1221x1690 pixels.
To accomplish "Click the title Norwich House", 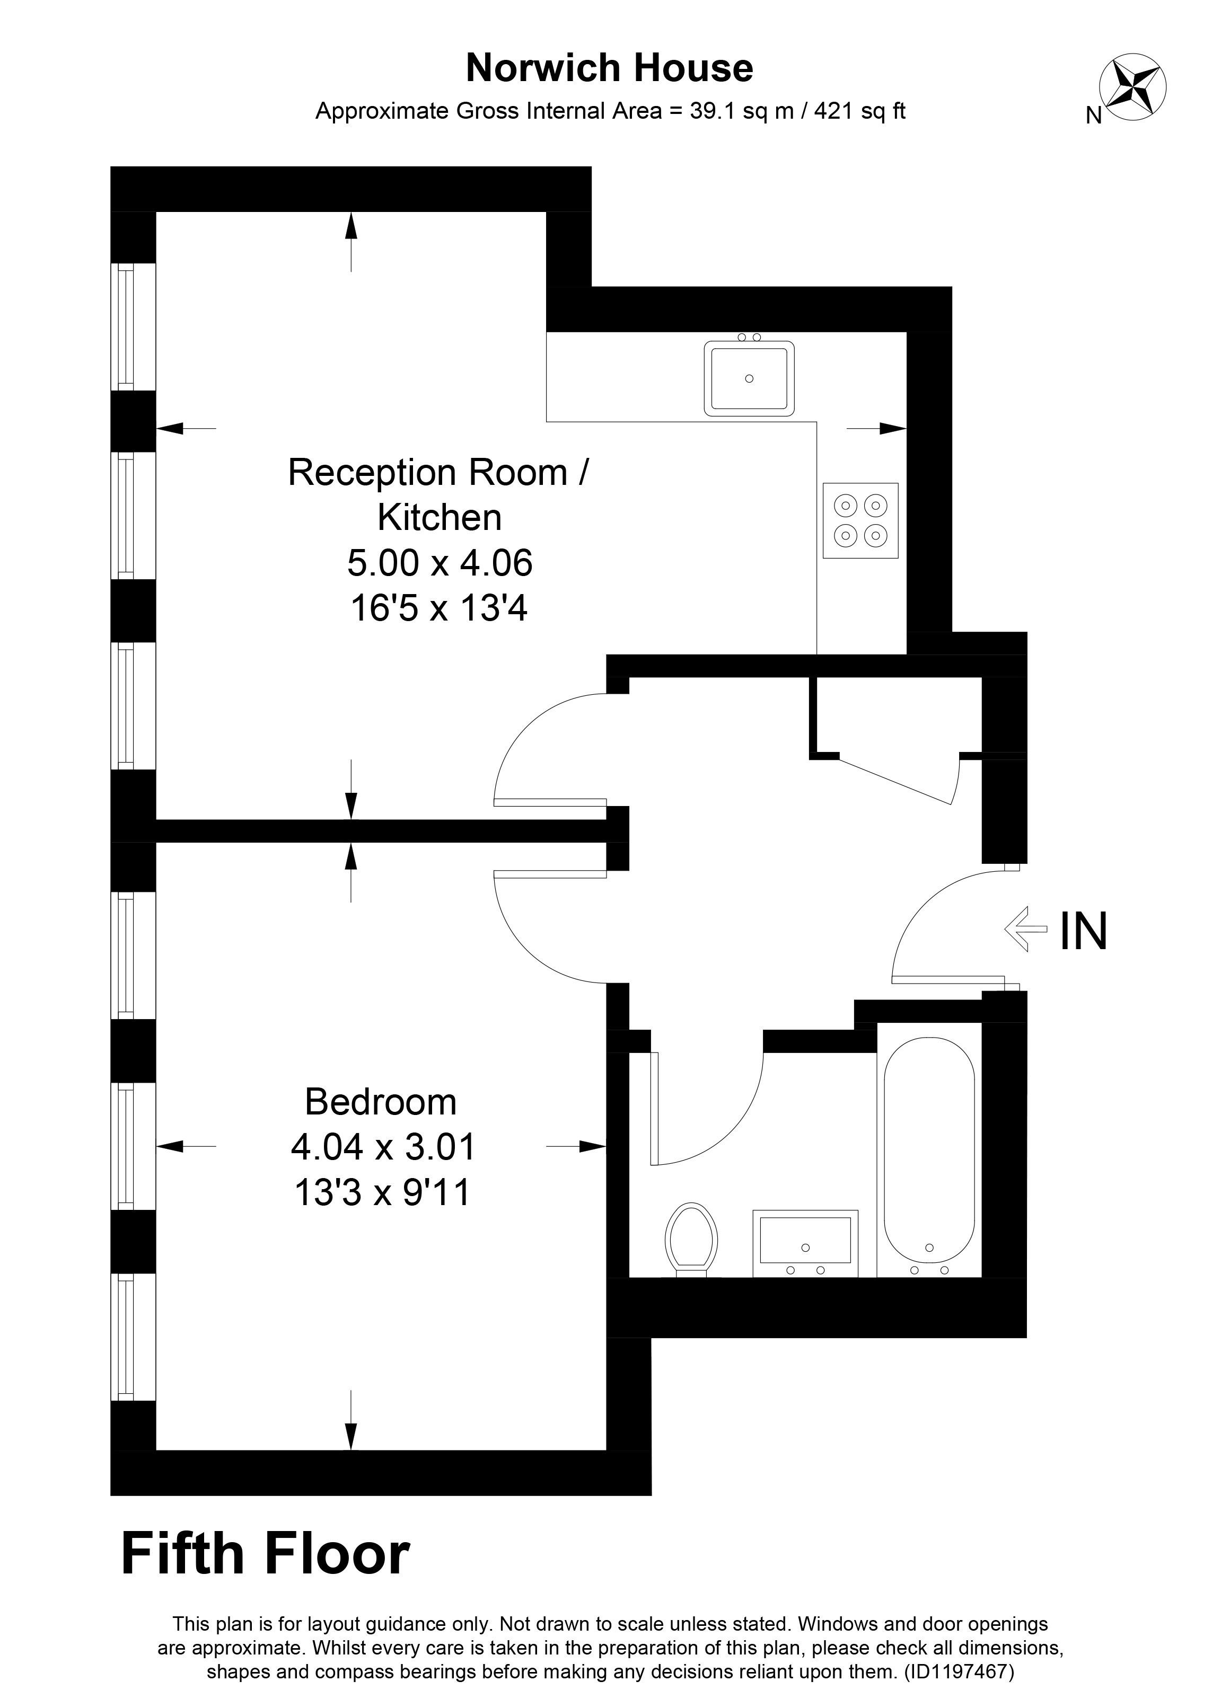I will (x=609, y=68).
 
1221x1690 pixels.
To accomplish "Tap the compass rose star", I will (x=1134, y=87).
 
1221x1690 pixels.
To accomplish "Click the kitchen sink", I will (x=749, y=378).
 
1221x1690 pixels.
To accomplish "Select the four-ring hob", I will (x=860, y=520).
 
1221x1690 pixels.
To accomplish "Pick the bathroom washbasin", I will (x=805, y=1242).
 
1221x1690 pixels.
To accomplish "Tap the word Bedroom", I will (x=380, y=1102).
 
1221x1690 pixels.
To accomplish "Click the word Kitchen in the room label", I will (x=440, y=517).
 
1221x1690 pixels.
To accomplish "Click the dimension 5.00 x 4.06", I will (x=440, y=563).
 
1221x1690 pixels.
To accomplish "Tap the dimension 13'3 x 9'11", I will (x=382, y=1192).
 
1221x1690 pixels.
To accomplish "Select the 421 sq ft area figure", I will (x=859, y=111).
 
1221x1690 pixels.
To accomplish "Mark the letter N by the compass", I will (x=1094, y=116).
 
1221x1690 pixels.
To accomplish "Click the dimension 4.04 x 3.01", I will (x=382, y=1147).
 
